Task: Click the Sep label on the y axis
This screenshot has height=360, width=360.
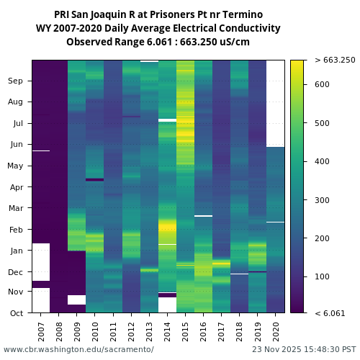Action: coord(16,81)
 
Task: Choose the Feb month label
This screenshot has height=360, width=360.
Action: coord(16,230)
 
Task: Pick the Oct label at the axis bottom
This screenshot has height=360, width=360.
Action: coord(16,312)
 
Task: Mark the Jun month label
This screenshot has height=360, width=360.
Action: coord(16,145)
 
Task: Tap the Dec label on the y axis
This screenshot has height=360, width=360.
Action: coord(16,272)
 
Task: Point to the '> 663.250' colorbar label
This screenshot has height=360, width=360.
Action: coord(335,60)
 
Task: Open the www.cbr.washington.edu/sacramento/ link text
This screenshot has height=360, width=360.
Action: coord(78,349)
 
